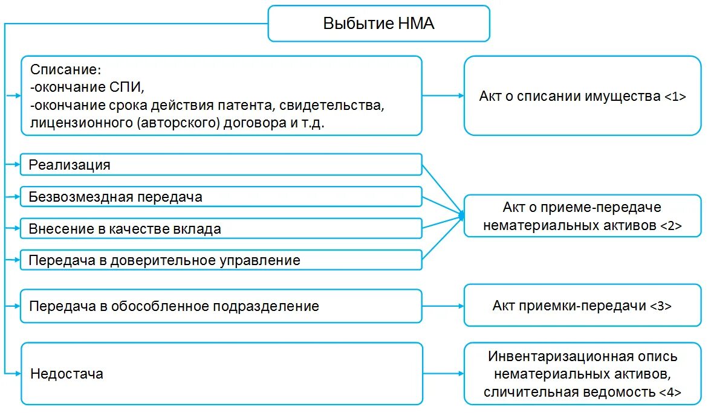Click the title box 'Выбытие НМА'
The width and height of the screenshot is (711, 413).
point(378,24)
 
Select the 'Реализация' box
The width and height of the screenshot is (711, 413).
point(221,165)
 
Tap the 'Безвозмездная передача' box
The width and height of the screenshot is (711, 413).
point(221,197)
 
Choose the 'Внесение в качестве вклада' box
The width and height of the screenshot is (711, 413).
point(221,229)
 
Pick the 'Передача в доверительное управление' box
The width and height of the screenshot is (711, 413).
point(221,261)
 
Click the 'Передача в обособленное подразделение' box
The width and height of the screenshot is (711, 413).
point(221,306)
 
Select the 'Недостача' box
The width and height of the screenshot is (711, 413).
point(221,374)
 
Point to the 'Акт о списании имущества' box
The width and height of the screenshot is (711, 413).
point(582,95)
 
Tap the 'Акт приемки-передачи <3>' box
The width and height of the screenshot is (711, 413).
point(582,306)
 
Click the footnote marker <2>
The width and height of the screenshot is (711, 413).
point(670,226)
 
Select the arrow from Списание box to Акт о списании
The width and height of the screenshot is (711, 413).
point(442,95)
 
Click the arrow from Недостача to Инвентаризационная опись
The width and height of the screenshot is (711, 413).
point(442,374)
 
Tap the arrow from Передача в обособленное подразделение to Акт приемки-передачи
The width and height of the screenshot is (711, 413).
point(442,306)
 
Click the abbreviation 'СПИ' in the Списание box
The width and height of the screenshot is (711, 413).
point(126,88)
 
